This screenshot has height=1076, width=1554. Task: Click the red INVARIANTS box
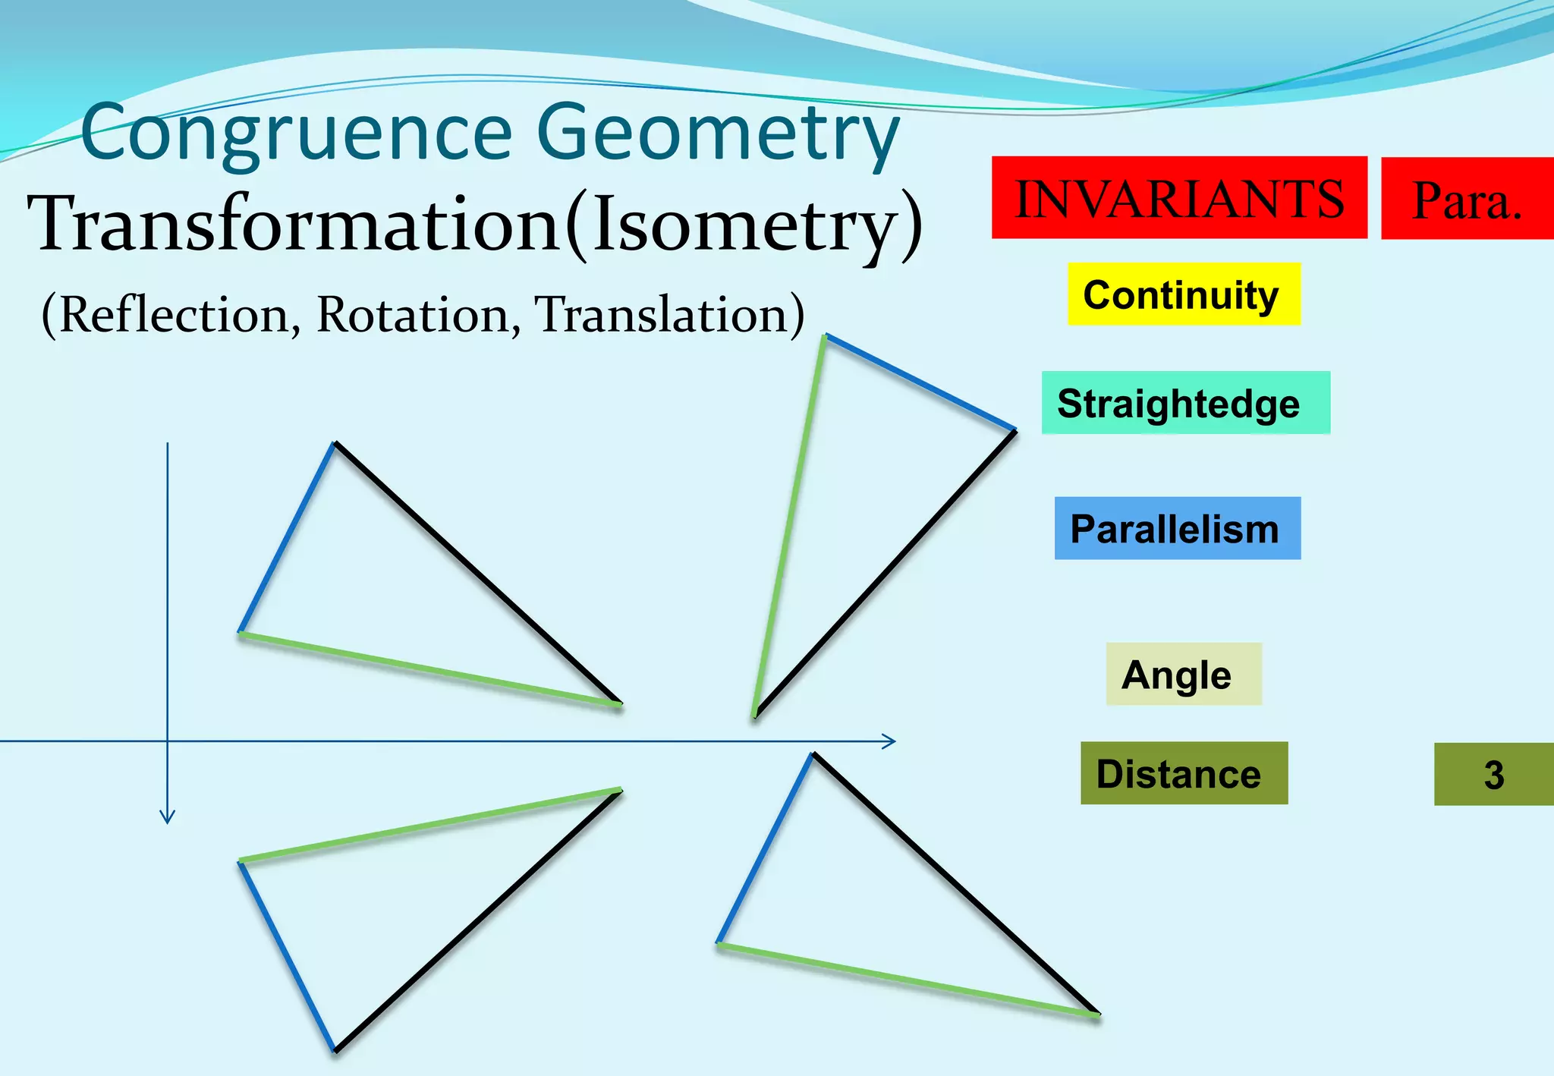click(1178, 198)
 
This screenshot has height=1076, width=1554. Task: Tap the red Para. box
click(1467, 199)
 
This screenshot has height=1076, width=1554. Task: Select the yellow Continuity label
click(1183, 294)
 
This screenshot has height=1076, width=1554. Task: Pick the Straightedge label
click(1184, 403)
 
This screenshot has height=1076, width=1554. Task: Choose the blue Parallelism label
click(1177, 529)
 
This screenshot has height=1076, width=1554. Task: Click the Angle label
click(1182, 675)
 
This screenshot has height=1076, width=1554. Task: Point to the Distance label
click(1183, 774)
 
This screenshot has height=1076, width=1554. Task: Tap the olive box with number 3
click(1493, 775)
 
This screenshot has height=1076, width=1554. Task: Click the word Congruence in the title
click(296, 132)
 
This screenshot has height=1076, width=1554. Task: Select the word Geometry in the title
click(717, 132)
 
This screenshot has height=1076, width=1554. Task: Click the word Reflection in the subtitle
click(174, 314)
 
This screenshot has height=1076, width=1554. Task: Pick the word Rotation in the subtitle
click(414, 314)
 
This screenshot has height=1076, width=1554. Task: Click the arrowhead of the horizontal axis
click(890, 741)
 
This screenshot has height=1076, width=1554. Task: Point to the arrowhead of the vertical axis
click(168, 817)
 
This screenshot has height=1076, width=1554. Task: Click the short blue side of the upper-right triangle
click(920, 383)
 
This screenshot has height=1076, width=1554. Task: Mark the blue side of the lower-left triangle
click(287, 956)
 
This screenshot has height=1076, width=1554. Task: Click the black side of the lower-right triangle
click(956, 883)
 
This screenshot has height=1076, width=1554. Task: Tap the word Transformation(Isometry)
click(475, 224)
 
